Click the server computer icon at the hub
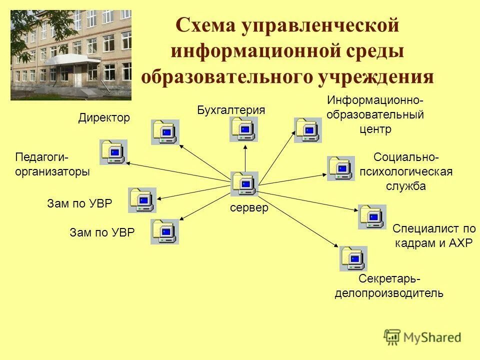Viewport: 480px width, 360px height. [244, 183]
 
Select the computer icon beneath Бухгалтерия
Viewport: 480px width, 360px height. [244, 129]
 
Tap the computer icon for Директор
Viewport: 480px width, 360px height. [165, 132]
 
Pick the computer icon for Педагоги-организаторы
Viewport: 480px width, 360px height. [113, 152]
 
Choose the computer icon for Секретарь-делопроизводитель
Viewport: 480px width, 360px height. [353, 258]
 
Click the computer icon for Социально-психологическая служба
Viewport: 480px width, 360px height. [341, 168]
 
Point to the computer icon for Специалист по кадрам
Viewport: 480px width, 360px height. [372, 216]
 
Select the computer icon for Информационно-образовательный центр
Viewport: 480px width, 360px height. [308, 130]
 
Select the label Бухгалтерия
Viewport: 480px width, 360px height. [230, 110]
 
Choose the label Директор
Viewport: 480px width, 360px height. [104, 118]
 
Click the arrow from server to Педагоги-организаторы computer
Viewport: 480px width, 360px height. [177, 171]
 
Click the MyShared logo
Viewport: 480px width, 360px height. [422, 336]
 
